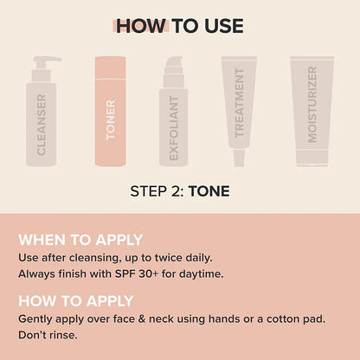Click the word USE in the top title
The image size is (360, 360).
tap(220, 26)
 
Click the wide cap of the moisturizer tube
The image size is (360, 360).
tap(312, 159)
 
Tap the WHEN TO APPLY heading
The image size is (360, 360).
tap(80, 240)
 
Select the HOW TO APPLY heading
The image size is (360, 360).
tap(76, 300)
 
